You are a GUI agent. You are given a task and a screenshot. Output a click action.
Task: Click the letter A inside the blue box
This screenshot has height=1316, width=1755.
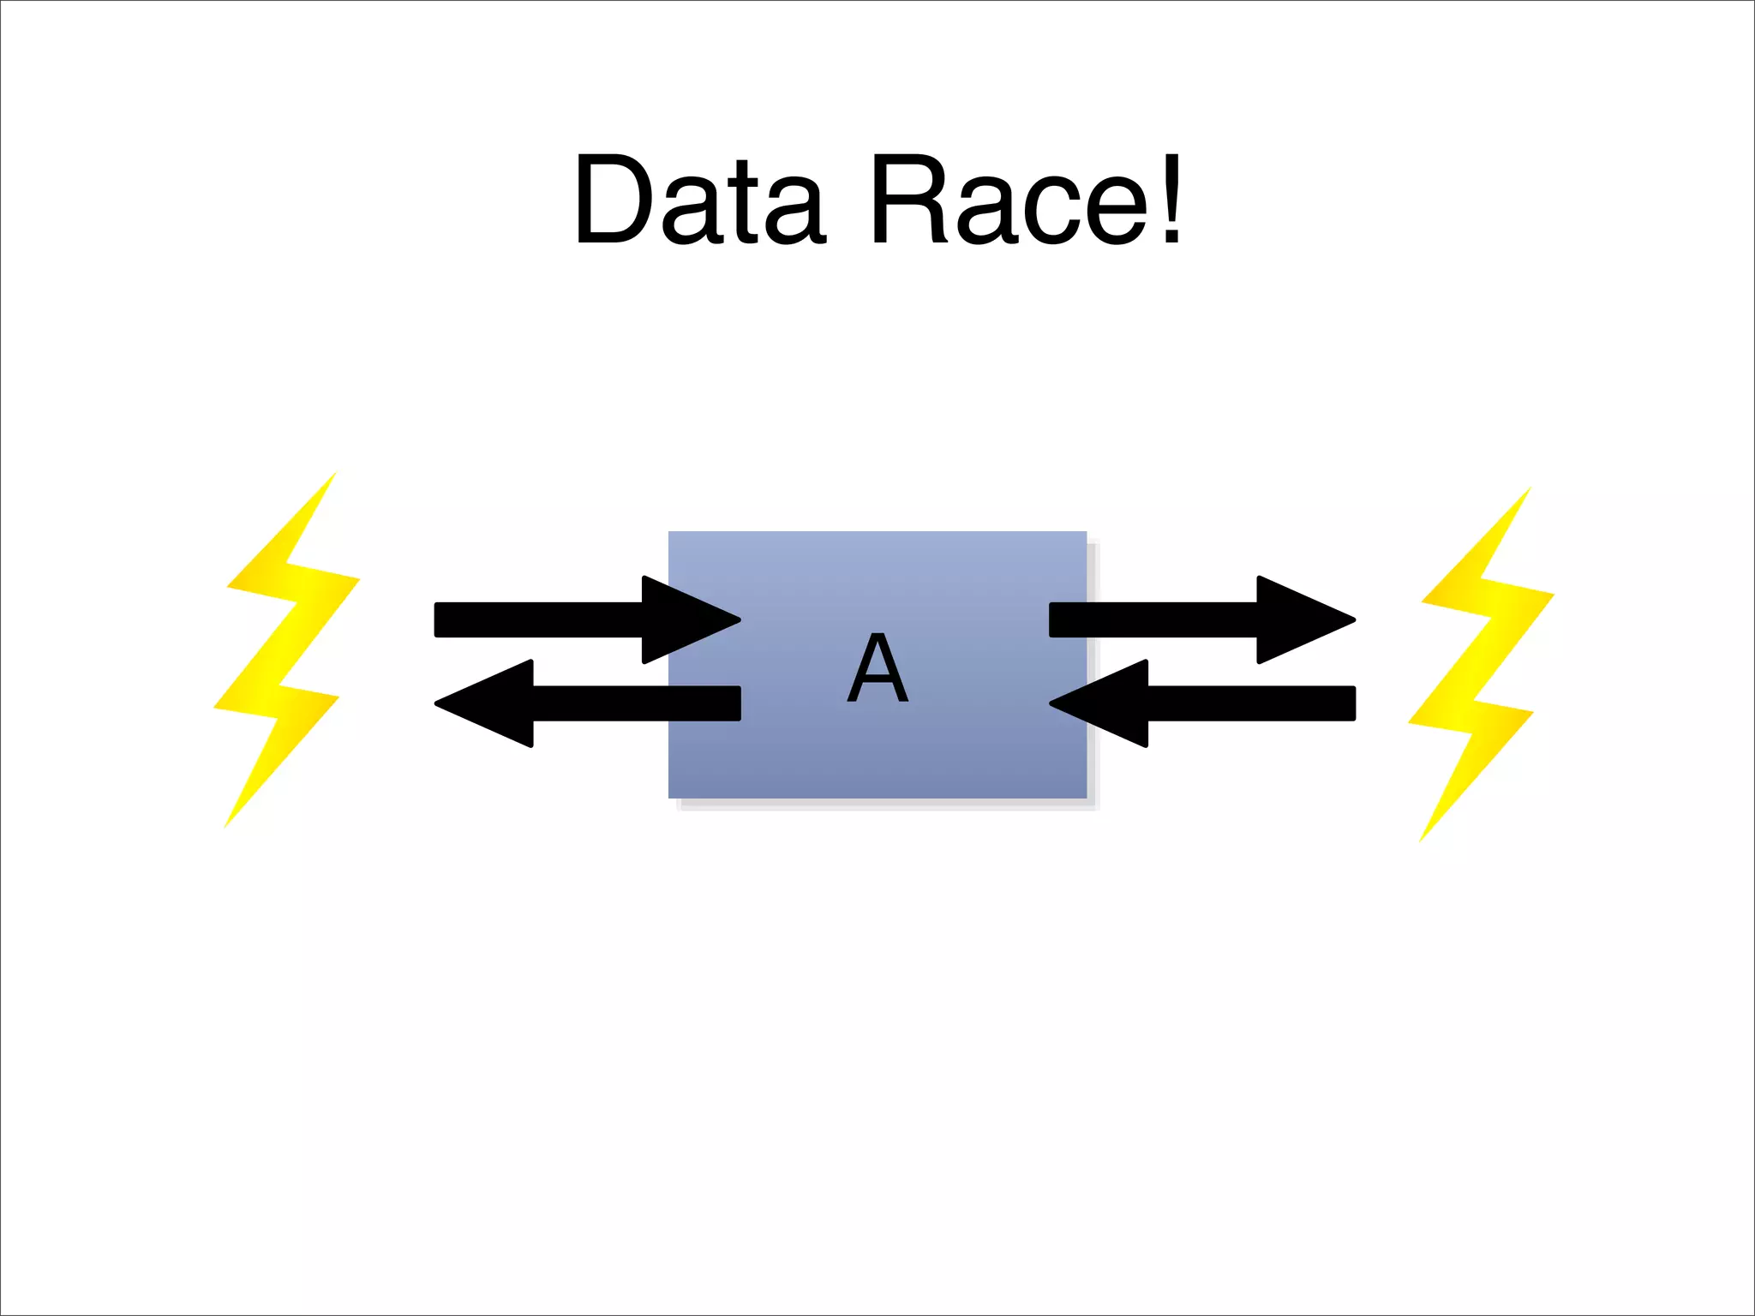point(877,667)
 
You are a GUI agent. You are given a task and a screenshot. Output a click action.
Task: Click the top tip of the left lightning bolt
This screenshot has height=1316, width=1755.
point(334,473)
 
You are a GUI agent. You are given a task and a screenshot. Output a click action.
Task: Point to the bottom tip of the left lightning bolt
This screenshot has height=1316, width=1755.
point(225,826)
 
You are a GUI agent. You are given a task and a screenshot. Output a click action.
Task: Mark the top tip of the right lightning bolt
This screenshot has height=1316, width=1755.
point(1529,489)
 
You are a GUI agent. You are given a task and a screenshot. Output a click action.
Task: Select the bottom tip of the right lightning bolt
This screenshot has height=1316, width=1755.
point(1421,840)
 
